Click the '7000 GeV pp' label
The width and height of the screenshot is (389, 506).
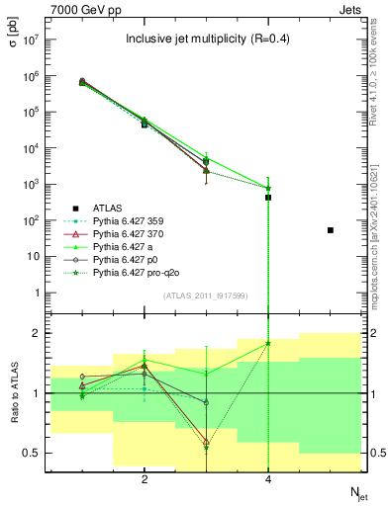coord(79,9)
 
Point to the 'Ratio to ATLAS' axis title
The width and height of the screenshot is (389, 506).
coord(14,392)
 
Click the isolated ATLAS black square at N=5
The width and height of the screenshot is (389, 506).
coord(331,230)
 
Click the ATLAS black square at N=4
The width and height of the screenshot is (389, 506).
coord(268,198)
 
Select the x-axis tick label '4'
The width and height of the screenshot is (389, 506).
coord(268,479)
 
